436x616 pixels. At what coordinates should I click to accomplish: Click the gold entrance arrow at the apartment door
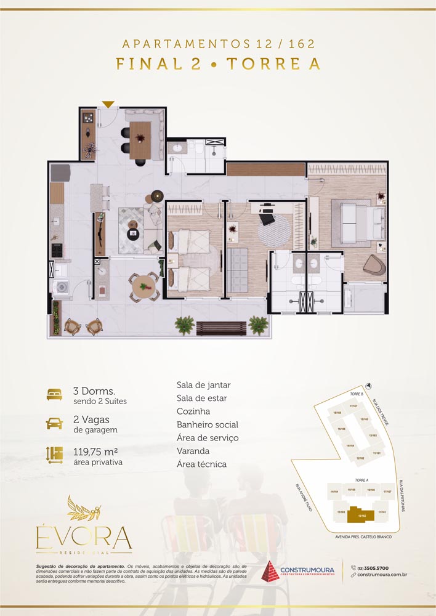(x=108, y=105)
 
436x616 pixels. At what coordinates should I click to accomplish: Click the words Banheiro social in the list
(x=207, y=424)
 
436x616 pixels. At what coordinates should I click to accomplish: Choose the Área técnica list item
(x=201, y=464)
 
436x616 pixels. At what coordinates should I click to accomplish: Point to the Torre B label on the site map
(x=354, y=394)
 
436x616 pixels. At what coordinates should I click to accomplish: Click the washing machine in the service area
(x=62, y=288)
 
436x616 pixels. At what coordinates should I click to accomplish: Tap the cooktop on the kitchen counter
(x=57, y=250)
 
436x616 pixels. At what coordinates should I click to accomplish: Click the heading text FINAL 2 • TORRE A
(x=218, y=64)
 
